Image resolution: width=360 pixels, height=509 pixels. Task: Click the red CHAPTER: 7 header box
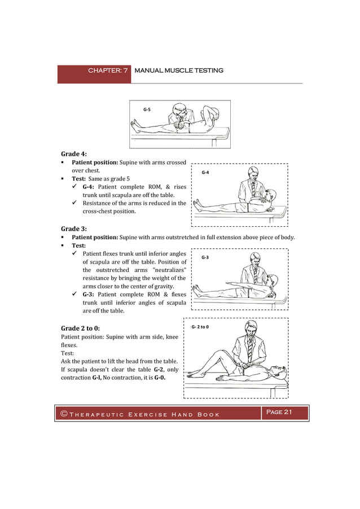(94, 71)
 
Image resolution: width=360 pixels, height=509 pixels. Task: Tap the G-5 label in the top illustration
(147, 109)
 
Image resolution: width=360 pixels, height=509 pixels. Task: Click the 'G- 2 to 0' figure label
(201, 327)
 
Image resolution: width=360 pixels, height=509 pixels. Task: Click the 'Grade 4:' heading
(74, 153)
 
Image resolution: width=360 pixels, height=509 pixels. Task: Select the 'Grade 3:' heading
(74, 229)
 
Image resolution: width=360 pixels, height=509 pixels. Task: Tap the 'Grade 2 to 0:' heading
(81, 328)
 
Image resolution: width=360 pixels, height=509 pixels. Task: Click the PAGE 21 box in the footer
(280, 413)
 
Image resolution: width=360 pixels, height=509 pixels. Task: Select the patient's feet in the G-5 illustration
(135, 126)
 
